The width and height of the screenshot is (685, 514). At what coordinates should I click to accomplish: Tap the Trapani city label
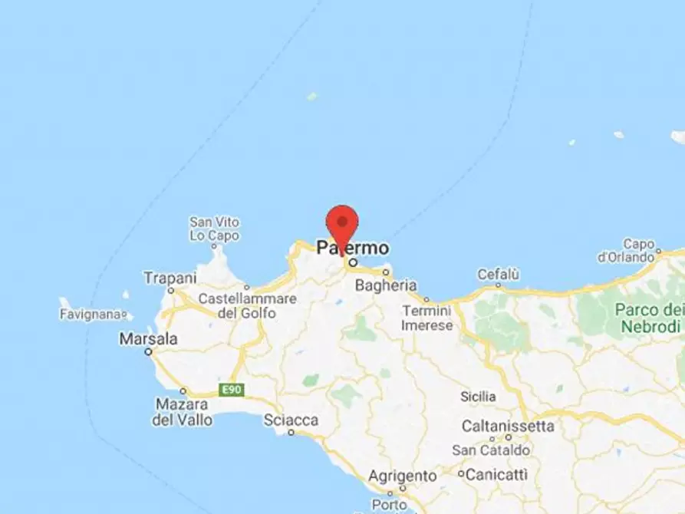coord(170,277)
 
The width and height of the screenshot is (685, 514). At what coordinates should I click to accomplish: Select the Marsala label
coord(149,338)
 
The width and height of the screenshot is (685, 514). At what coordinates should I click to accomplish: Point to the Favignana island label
coord(91,314)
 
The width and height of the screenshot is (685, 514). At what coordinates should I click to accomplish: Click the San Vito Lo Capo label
coord(214,229)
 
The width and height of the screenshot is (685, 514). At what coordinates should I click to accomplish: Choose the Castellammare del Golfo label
coord(236,305)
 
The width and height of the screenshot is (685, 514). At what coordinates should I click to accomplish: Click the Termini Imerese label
coord(427,318)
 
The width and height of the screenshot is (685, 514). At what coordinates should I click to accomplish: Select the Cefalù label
coord(499,274)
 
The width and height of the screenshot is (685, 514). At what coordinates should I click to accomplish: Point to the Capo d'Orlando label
coord(629,250)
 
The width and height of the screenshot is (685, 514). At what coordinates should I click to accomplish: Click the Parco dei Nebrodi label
coord(648,317)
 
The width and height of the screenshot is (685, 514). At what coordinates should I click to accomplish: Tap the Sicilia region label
coord(478,397)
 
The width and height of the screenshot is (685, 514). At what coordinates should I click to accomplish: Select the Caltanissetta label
coord(508,425)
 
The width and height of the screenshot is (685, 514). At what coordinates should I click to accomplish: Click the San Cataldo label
coord(491,450)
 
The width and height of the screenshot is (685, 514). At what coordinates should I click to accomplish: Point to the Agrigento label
coord(403,476)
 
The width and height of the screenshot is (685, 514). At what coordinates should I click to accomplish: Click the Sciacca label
coord(291,420)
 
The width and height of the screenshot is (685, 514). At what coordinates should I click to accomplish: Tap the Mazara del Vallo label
coord(183,411)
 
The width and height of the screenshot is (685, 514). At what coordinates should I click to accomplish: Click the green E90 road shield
coord(231,390)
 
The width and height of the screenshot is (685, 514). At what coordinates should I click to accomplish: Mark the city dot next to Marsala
coord(149,352)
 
